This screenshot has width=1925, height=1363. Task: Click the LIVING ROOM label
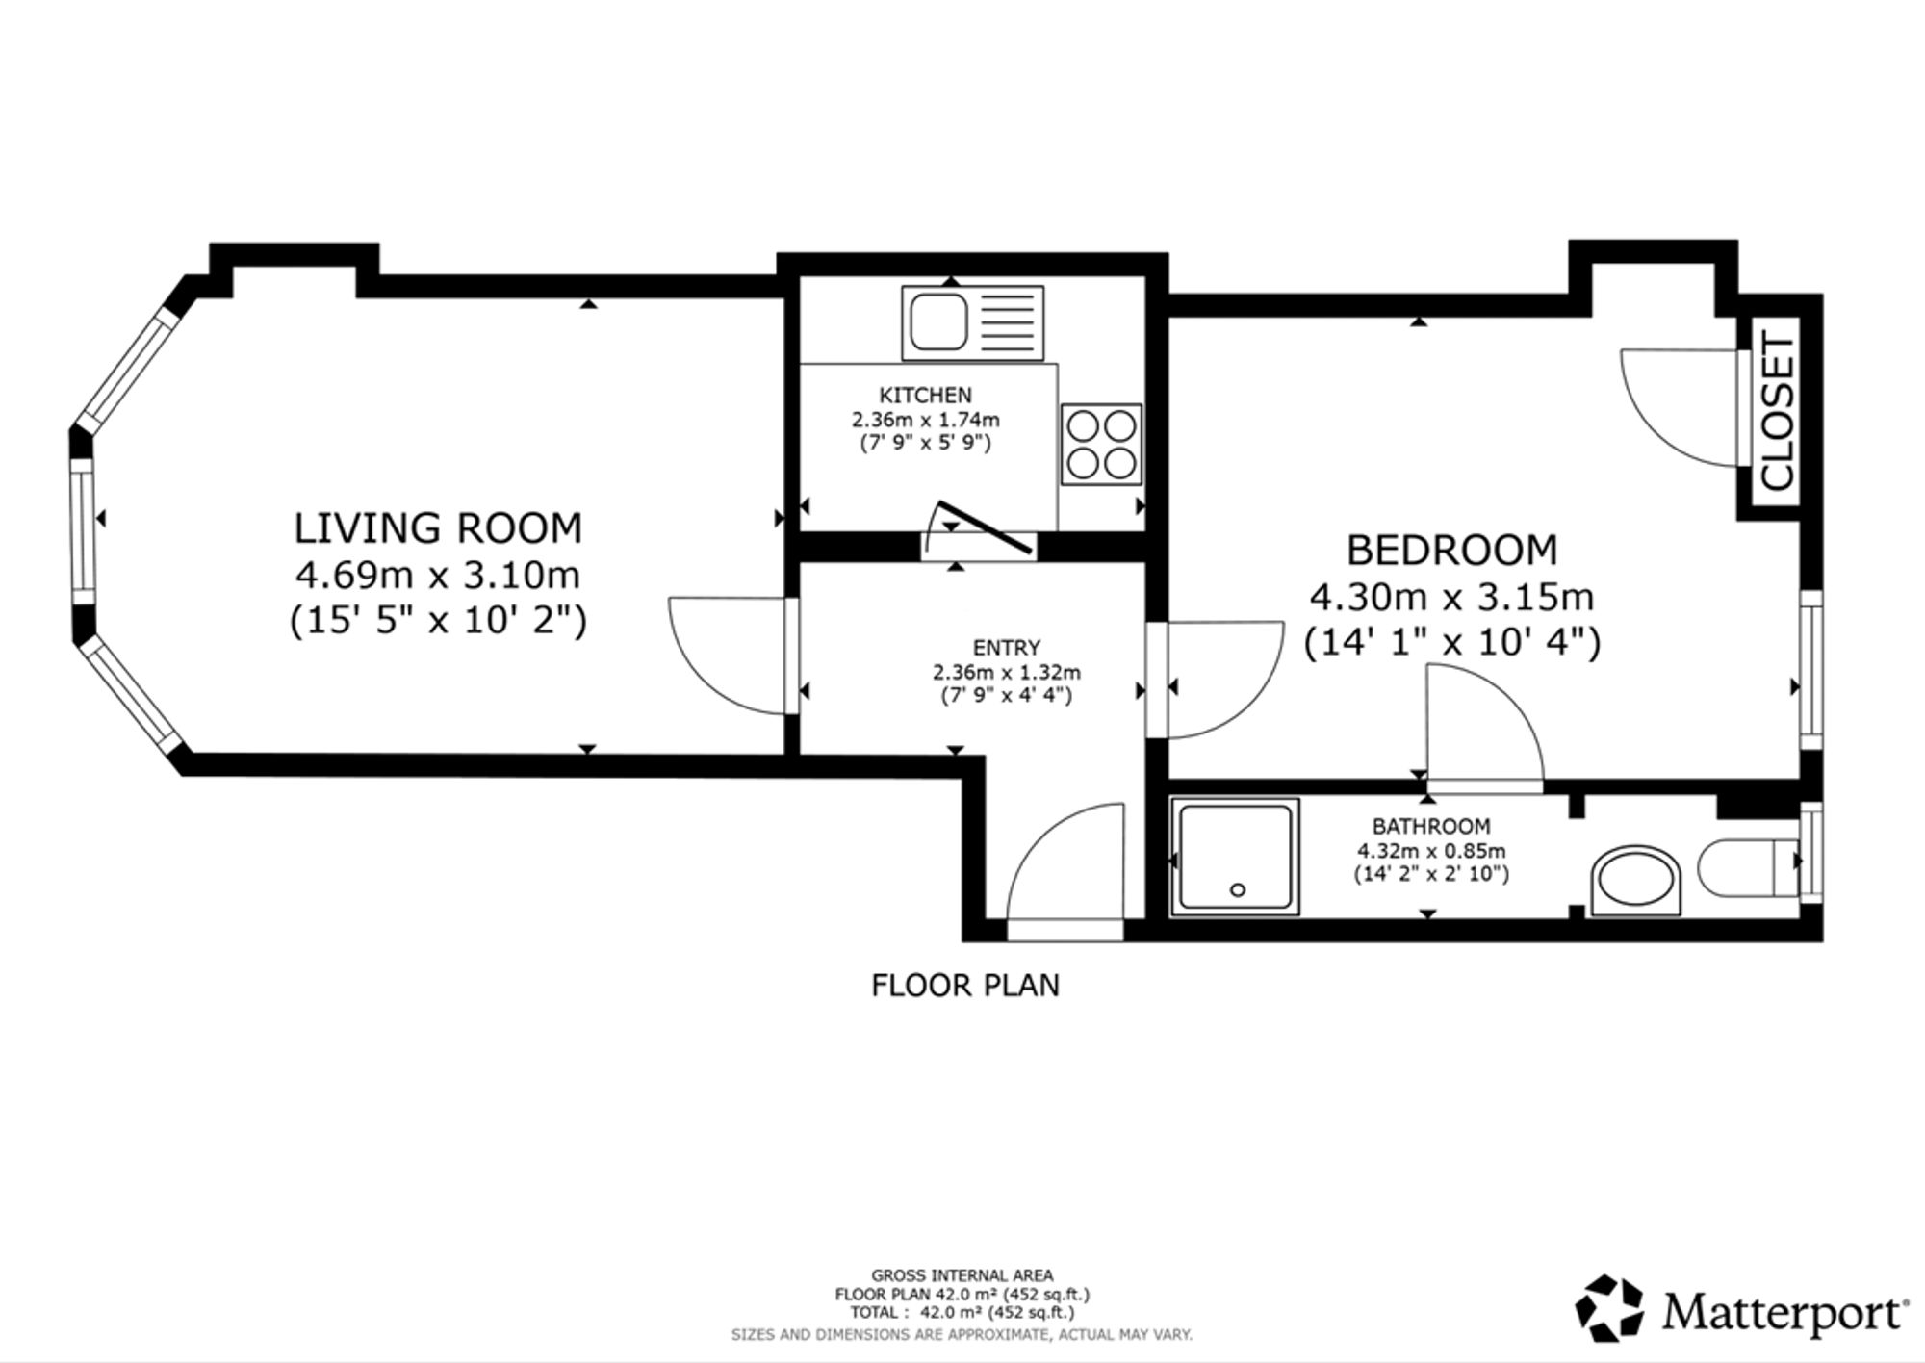coord(438,528)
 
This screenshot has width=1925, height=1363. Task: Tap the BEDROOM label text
coord(1451,550)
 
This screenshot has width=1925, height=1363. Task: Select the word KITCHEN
coord(925,395)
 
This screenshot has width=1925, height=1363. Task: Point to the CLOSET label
coord(1777,410)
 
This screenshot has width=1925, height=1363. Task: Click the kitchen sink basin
coord(938,322)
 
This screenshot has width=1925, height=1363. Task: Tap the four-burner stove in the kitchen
coord(1101,444)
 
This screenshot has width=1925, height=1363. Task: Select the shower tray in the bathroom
coord(1236,857)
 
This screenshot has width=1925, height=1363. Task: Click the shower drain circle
coord(1238,890)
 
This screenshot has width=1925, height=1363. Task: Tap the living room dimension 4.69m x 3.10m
coord(438,576)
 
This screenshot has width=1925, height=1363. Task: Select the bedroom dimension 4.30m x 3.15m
coord(1451,598)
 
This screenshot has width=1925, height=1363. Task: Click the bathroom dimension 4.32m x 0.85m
coord(1431,851)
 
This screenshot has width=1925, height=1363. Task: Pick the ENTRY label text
coord(1006,648)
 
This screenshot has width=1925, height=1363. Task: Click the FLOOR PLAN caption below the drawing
coord(965,986)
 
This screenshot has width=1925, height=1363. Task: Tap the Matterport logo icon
coord(1609,1308)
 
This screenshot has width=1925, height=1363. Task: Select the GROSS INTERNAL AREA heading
coord(962,1276)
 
